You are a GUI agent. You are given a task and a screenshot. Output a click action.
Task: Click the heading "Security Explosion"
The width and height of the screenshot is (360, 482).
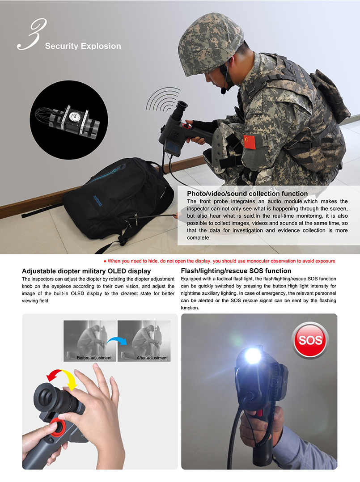pos(83,46)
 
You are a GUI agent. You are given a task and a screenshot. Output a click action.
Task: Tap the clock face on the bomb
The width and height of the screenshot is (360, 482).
pos(75,116)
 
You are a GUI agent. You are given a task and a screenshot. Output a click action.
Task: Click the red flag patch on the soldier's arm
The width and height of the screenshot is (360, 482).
pos(250,142)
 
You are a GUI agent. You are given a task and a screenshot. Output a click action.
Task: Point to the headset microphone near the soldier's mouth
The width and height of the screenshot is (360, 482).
pos(224,91)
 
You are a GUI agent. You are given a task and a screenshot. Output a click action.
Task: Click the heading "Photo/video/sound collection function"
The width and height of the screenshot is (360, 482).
pos(247,194)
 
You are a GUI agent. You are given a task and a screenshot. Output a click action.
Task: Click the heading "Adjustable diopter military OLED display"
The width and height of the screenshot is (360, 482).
pos(86,271)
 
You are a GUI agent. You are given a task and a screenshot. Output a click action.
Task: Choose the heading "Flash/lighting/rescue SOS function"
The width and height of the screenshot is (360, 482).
pos(236,271)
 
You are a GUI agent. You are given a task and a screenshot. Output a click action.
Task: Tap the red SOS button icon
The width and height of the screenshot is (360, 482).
pos(310,340)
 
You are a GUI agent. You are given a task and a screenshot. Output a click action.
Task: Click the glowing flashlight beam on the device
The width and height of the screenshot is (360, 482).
pos(253,355)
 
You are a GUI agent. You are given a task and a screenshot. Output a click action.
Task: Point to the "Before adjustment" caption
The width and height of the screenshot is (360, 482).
pos(94,358)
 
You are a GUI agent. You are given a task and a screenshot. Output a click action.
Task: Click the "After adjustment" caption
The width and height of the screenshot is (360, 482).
pos(152,358)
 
